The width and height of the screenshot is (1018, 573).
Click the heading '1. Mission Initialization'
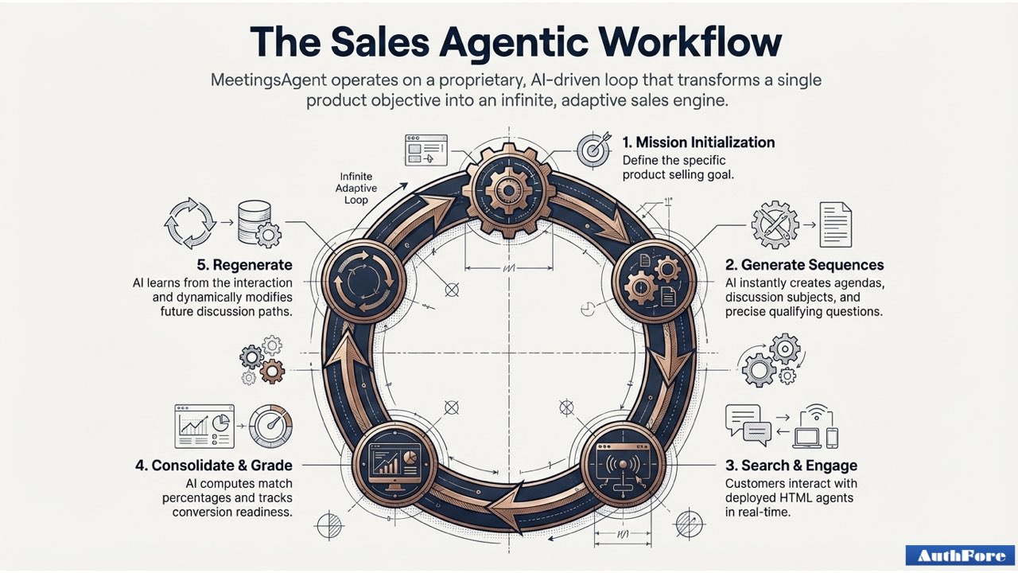point(698,142)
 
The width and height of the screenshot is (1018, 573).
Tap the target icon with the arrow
point(594,149)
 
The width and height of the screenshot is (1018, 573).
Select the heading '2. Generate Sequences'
point(804,265)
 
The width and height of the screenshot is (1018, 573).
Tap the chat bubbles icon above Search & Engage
point(748,425)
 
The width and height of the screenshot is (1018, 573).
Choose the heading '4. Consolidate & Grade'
point(212,466)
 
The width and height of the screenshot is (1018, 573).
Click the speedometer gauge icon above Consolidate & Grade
point(270,427)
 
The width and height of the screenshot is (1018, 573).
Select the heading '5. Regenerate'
point(244,265)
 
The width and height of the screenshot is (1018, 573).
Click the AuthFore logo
point(960,555)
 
